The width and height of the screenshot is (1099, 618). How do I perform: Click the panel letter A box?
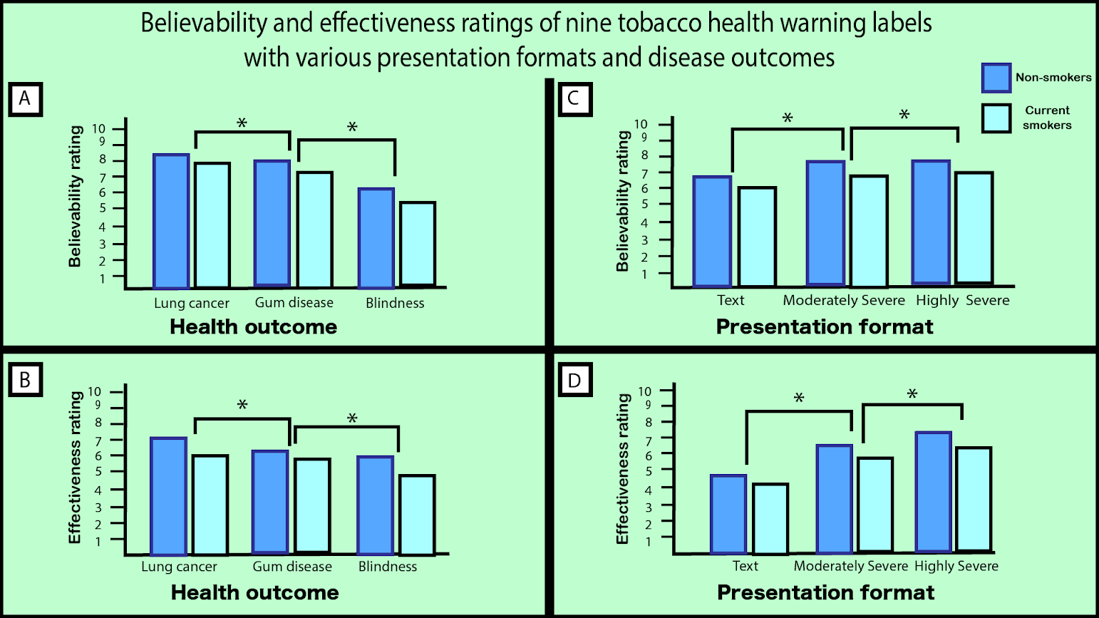(25, 98)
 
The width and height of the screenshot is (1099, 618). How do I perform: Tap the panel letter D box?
(574, 381)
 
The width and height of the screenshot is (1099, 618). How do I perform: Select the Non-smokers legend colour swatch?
(996, 78)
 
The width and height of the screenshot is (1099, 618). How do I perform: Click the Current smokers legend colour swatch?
(996, 118)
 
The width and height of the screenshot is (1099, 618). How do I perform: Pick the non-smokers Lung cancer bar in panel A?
(171, 221)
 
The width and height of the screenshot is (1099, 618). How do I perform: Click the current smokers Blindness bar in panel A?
(418, 244)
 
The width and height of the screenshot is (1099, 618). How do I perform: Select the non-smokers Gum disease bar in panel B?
(270, 502)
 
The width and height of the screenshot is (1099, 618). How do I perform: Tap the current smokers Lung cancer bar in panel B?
(210, 504)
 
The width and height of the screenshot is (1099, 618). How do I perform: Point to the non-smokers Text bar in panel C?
(712, 231)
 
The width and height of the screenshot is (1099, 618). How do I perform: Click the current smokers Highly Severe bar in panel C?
(974, 228)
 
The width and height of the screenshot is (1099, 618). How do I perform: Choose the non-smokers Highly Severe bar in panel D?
(934, 492)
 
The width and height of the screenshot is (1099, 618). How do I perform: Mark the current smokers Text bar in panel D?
(770, 518)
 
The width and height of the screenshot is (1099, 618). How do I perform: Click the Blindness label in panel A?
(395, 303)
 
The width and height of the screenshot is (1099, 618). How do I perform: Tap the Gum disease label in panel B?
(292, 567)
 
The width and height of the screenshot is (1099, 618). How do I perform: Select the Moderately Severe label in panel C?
(844, 300)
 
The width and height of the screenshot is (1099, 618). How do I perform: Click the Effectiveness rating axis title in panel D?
(623, 469)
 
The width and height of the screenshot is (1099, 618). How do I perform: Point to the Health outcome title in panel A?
(253, 327)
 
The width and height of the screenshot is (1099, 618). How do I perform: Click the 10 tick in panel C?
(641, 125)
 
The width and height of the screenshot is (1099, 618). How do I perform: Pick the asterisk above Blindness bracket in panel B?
(352, 418)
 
